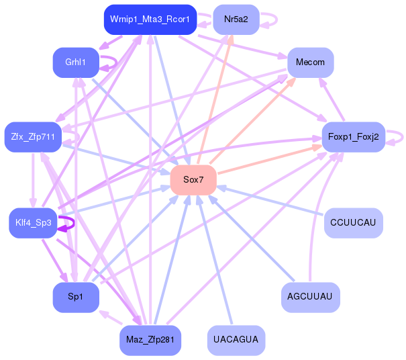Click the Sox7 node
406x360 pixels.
click(x=193, y=180)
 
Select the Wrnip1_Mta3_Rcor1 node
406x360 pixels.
click(x=150, y=19)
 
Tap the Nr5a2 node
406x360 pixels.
click(x=236, y=19)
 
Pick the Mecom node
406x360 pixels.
click(x=311, y=62)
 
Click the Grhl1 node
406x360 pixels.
click(x=76, y=62)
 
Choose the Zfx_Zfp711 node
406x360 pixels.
click(x=33, y=137)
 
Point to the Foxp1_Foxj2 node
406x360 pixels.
click(x=354, y=137)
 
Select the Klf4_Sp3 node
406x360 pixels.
click(x=33, y=223)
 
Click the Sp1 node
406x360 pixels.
click(x=76, y=298)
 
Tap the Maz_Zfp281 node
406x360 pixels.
click(x=150, y=341)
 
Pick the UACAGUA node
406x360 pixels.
click(x=236, y=341)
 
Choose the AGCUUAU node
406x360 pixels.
click(x=311, y=298)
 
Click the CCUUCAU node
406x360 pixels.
click(x=354, y=223)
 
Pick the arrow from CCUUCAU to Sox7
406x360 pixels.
click(x=270, y=200)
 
